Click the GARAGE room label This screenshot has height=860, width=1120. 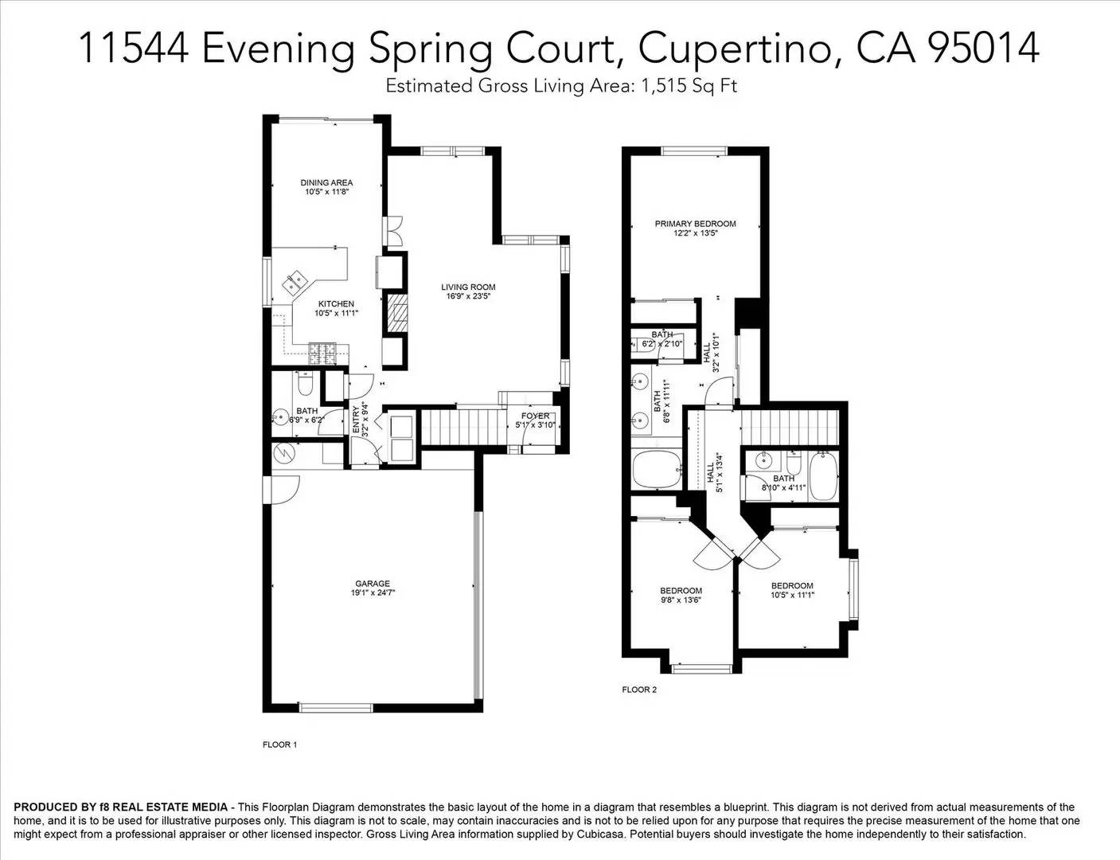[x=373, y=584]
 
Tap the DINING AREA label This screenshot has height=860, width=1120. [x=326, y=182]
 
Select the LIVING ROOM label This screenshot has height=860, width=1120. [x=468, y=287]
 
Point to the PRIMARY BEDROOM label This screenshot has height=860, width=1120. [x=695, y=224]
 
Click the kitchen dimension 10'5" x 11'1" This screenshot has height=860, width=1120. [x=336, y=314]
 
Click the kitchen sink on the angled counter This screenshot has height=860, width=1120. [x=295, y=281]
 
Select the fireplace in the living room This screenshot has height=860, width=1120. [x=396, y=314]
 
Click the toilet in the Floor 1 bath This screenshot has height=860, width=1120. [x=303, y=385]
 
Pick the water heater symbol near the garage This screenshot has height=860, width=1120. [x=284, y=453]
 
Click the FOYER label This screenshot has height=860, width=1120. [x=535, y=416]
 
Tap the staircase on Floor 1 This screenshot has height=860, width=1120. [x=462, y=427]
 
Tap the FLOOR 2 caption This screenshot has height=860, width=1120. [x=639, y=690]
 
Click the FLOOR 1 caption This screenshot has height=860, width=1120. [x=279, y=745]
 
